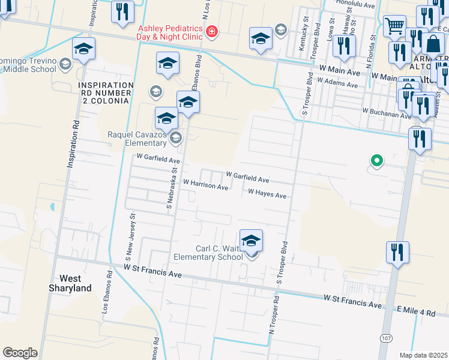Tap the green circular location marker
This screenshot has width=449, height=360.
coord(376,161)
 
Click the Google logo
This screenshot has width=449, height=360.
coord(20,352)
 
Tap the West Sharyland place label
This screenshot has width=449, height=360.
coord(75,283)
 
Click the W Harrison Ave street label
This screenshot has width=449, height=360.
coord(205,187)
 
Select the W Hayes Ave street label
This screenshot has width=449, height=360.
coord(267,193)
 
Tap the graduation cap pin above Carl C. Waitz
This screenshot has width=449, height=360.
coord(251,241)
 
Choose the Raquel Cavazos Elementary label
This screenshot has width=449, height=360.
coord(136,139)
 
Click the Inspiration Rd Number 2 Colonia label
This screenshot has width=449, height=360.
coord(105,93)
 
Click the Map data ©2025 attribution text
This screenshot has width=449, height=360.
coord(423,355)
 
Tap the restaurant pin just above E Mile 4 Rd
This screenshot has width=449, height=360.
coord(397,253)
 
